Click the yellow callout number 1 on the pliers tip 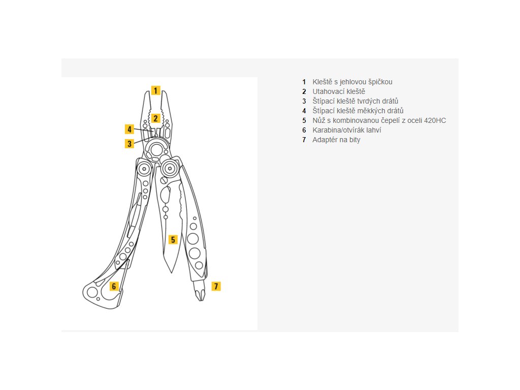(155, 90)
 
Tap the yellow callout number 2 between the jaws (156, 118)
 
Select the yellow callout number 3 (129, 144)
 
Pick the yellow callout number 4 (129, 129)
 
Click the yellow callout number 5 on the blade (173, 240)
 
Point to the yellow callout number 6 (114, 286)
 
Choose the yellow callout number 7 (216, 286)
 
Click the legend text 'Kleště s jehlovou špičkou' (352, 82)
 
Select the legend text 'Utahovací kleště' (339, 91)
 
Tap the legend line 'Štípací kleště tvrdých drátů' (355, 101)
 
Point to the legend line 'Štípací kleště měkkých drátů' (358, 111)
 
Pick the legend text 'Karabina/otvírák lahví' (347, 130)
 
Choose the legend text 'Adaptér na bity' (336, 140)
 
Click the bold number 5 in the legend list (304, 120)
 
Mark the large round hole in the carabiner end (92, 292)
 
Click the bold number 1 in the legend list (304, 82)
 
